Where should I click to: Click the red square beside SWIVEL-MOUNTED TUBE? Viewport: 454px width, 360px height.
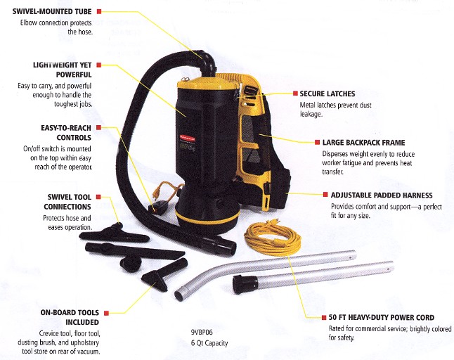point(99,11)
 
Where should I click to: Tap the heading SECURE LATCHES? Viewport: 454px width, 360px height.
point(327,94)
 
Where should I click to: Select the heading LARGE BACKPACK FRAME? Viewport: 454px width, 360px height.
point(363,143)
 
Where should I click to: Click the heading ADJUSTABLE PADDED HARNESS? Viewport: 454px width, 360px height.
point(382,195)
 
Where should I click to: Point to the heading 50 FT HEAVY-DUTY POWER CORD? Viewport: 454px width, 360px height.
point(382,317)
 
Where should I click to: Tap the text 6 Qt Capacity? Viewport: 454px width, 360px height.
point(209,343)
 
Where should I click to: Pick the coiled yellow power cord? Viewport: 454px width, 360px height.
point(272,238)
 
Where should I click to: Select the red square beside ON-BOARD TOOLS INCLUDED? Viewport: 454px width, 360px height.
point(106,313)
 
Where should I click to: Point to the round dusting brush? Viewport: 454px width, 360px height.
point(131,263)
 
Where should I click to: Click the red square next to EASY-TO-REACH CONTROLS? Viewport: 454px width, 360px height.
point(98,127)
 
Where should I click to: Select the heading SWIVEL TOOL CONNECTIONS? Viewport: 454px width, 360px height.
point(67,202)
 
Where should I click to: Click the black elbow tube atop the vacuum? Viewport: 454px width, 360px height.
point(207,63)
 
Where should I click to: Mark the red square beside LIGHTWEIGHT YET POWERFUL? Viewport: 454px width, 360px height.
point(98,65)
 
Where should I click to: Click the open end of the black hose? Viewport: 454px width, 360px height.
point(228,247)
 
